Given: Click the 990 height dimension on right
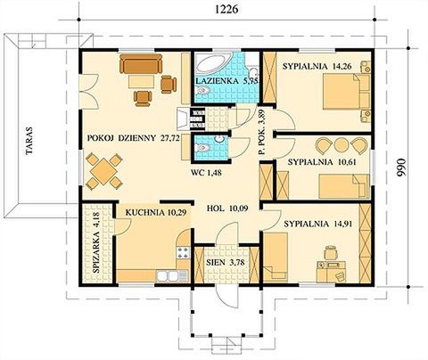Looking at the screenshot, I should (x=413, y=166).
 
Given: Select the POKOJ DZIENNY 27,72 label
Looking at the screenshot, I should (x=128, y=139).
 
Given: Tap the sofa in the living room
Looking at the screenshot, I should (x=142, y=66).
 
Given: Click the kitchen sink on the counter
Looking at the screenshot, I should (x=166, y=273).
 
